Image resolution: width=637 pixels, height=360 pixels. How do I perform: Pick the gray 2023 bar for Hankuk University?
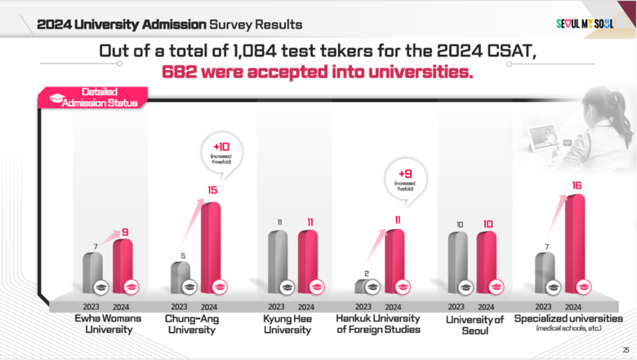pos(363,286)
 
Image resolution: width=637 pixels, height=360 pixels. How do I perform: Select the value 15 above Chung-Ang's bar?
pos(211,190)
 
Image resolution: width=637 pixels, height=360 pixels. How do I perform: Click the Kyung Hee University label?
pos(287,324)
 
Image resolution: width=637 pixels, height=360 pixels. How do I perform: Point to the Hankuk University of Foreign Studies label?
pos(379,324)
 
